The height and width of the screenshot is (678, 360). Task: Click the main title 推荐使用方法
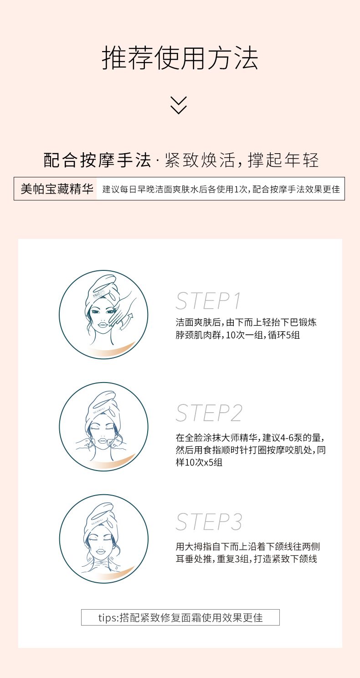(x=180, y=58)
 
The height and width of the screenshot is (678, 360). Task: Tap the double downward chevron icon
(x=179, y=105)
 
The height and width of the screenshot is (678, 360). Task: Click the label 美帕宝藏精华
(x=57, y=189)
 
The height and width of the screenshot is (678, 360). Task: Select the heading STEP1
(x=208, y=301)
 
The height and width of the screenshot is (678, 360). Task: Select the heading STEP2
(x=209, y=413)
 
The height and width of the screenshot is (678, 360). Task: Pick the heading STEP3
(x=209, y=522)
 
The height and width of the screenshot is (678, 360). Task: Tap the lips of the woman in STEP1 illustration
(x=103, y=324)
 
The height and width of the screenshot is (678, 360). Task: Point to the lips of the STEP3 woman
(x=100, y=550)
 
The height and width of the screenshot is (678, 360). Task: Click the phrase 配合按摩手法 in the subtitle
(x=97, y=160)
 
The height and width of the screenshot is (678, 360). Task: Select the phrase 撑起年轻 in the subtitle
(x=283, y=160)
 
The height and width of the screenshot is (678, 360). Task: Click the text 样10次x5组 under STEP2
(x=199, y=462)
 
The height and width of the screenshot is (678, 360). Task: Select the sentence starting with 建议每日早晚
(x=221, y=189)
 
